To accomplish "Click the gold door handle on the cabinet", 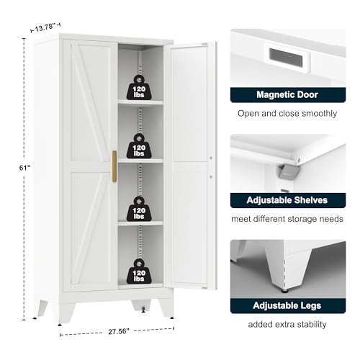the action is [114, 166].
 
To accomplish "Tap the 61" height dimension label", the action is [24, 168].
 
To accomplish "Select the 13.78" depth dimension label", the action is [45, 27].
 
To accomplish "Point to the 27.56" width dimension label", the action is [119, 331].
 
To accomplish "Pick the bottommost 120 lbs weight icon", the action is [139, 271].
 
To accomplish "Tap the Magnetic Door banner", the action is [288, 95].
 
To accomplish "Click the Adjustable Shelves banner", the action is [288, 200].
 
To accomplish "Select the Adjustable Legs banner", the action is [288, 306].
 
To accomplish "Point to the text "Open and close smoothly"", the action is [287, 114].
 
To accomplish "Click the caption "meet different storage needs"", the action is [287, 219].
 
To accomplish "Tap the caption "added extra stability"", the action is [287, 325].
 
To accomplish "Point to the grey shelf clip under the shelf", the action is [289, 172].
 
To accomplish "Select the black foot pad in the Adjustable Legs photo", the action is [285, 292].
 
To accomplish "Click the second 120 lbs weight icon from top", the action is [139, 146].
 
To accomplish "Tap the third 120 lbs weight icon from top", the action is [139, 209].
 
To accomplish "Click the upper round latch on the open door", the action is [211, 158].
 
